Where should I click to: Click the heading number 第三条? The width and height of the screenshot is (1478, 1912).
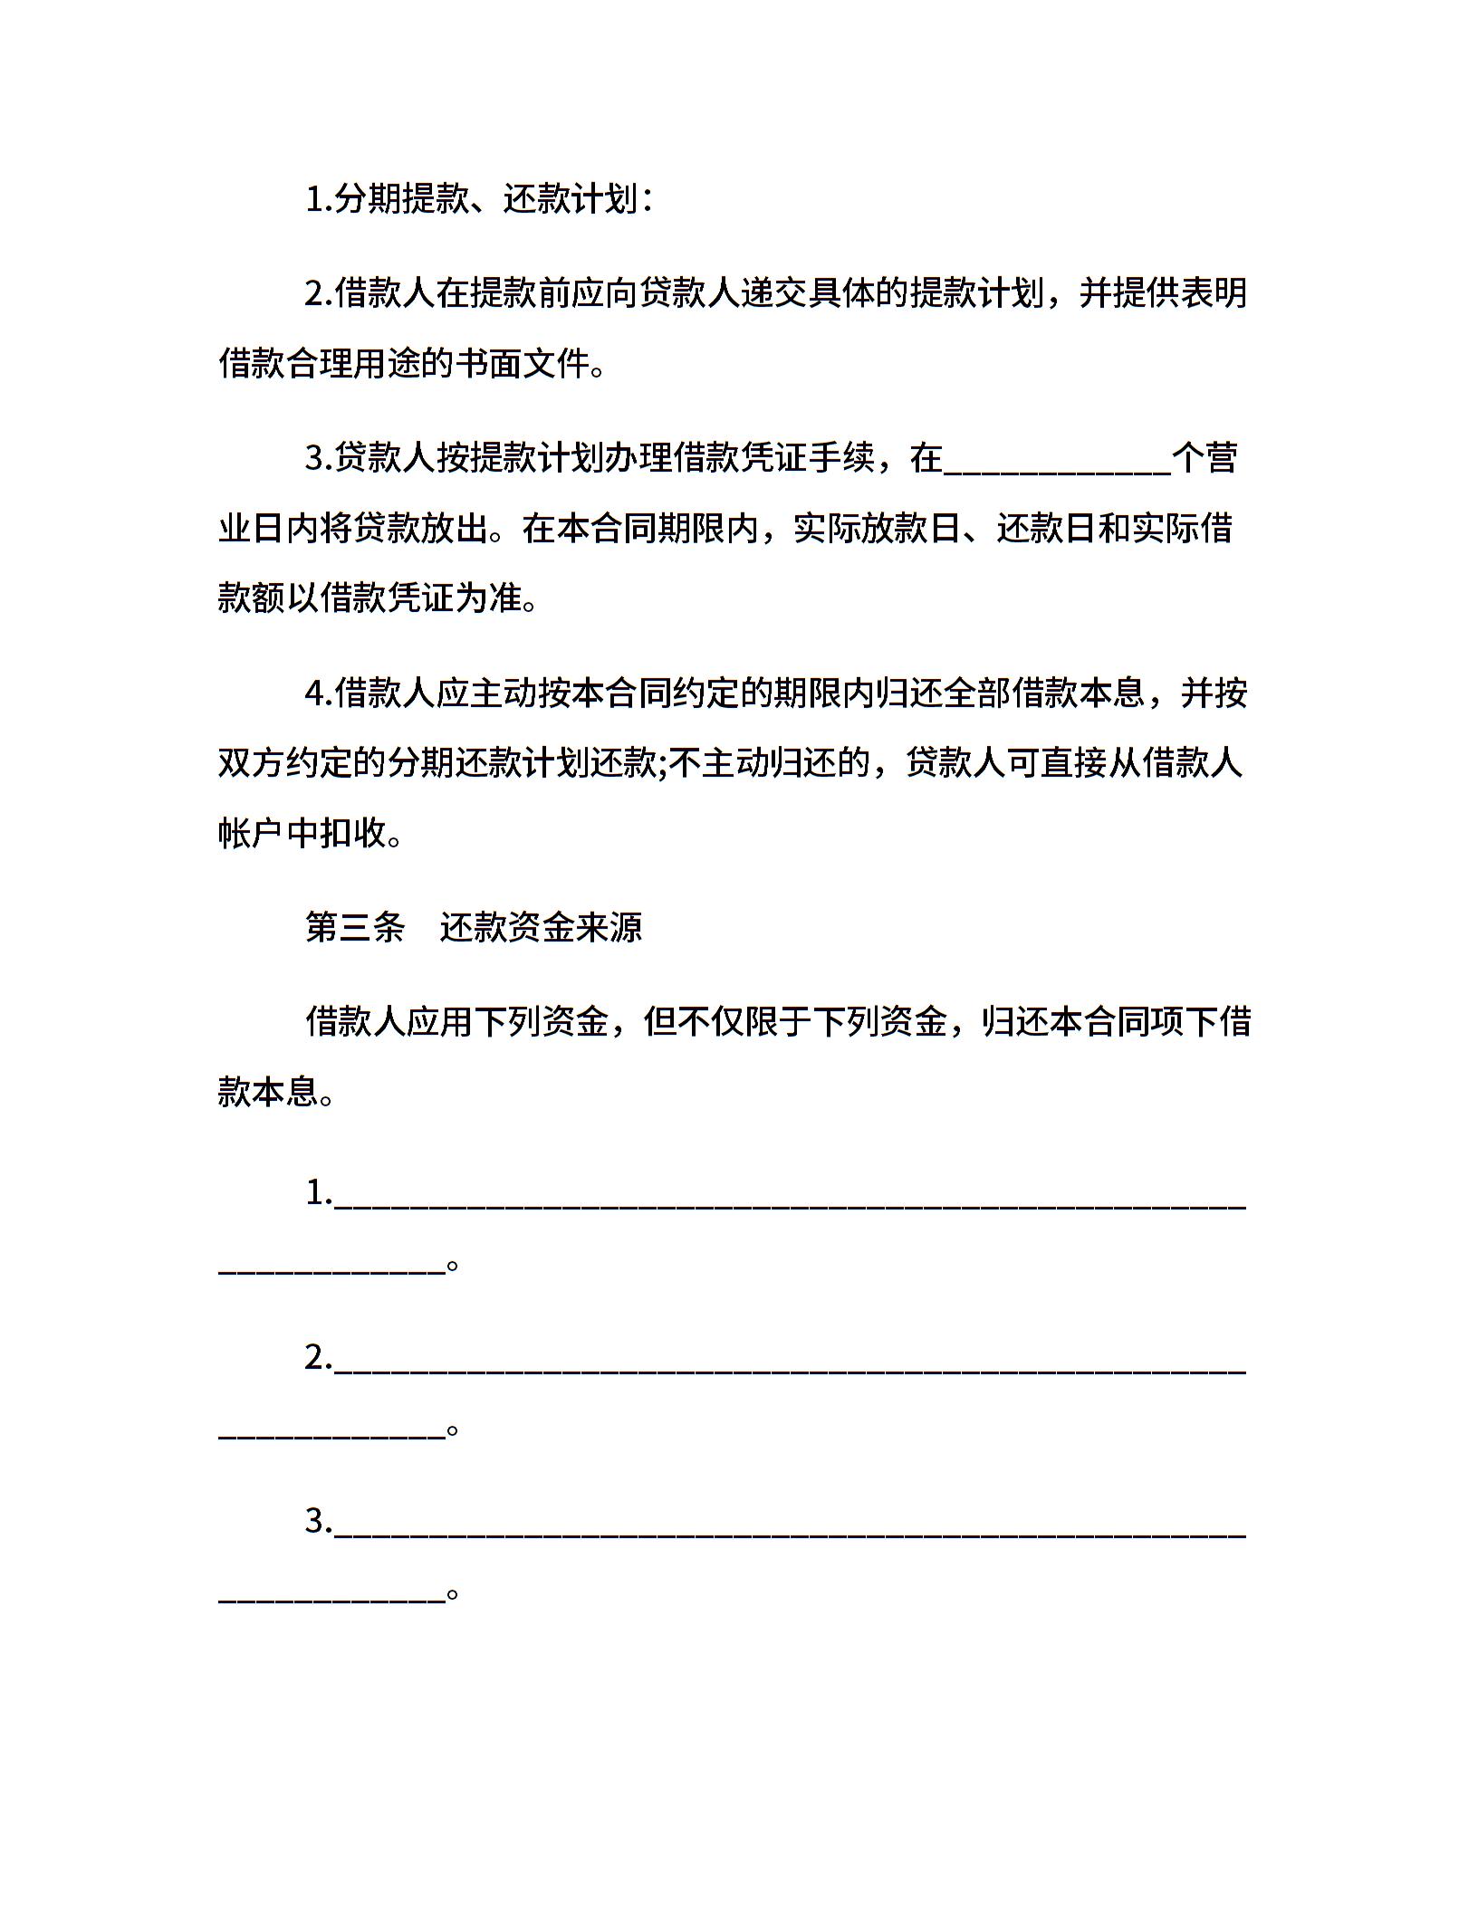tap(354, 927)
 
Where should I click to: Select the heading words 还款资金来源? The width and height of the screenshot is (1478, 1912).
tap(541, 927)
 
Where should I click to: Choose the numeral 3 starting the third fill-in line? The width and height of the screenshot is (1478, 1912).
tap(315, 1522)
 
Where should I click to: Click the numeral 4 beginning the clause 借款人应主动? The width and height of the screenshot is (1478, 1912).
tap(315, 693)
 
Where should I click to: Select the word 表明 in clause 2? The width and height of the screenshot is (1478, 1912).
tap(1214, 293)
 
